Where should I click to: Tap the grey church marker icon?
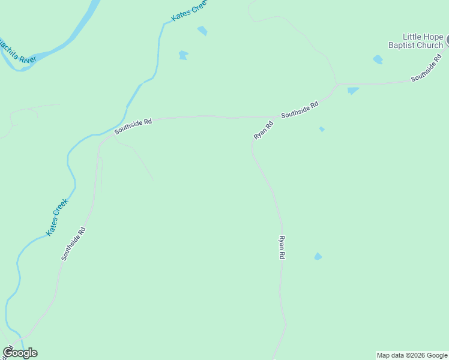[x=447, y=40]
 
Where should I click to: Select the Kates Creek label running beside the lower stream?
[x=58, y=217]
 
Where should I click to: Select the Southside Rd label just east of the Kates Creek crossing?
[x=133, y=125]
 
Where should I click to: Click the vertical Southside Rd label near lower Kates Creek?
[x=73, y=243]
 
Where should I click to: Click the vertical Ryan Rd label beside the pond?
[x=281, y=247]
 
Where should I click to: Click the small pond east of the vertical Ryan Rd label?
[x=318, y=257]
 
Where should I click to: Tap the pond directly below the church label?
[x=378, y=59]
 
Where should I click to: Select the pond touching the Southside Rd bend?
[x=352, y=91]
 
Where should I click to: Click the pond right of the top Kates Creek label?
[x=203, y=31]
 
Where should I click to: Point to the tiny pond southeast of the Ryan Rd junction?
[x=322, y=129]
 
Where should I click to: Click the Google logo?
[x=20, y=353]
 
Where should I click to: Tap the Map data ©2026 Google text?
[x=412, y=355]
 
